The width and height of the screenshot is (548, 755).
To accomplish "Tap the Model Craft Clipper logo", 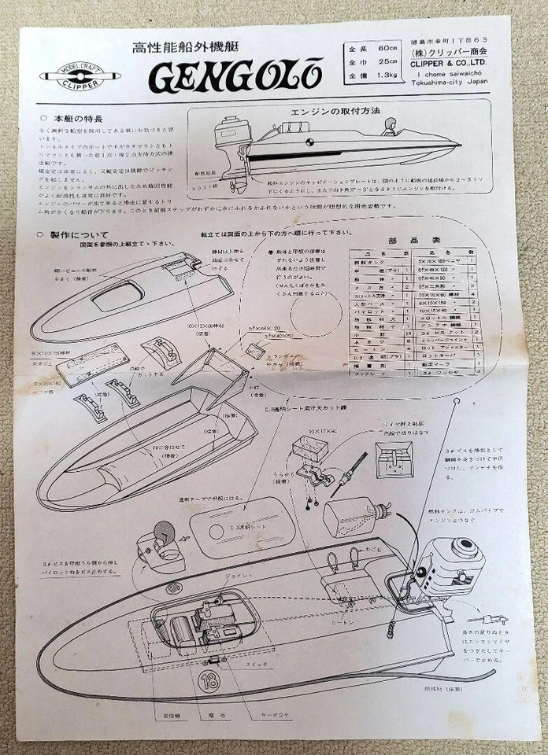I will click(x=80, y=76).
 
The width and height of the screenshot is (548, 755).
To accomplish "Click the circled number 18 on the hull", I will click(x=209, y=681).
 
